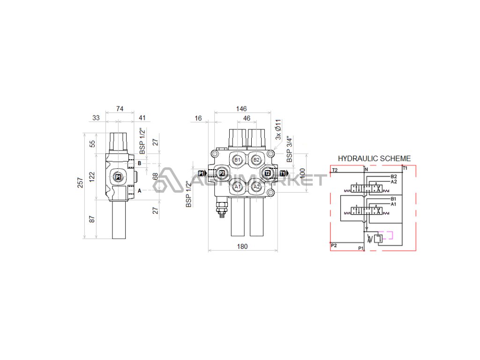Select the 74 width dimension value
click(x=120, y=109)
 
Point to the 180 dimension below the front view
click(x=242, y=246)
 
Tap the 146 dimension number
click(x=241, y=109)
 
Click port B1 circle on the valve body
click(x=238, y=160)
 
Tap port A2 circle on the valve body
click(x=256, y=187)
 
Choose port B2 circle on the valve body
click(x=256, y=160)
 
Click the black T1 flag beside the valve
click(x=283, y=173)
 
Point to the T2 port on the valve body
click(x=268, y=173)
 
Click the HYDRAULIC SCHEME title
click(x=374, y=158)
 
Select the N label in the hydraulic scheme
click(x=367, y=169)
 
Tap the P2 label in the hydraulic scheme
click(x=334, y=245)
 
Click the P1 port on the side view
click(x=118, y=177)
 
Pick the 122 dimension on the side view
click(x=92, y=176)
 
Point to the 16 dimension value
click(x=198, y=119)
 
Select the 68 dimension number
click(x=155, y=176)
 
